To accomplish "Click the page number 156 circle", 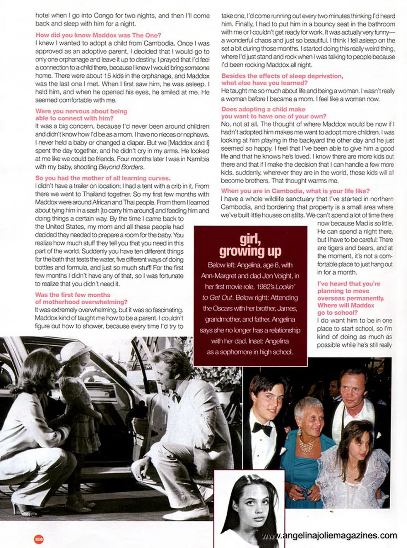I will (x=38, y=539).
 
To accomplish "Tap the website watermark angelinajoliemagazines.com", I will (x=329, y=535).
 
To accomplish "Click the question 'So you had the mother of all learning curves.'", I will (x=103, y=178).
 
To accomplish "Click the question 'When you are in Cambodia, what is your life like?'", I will (x=295, y=190).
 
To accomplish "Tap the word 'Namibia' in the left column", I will (x=197, y=158).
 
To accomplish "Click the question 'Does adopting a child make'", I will (x=263, y=110).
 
